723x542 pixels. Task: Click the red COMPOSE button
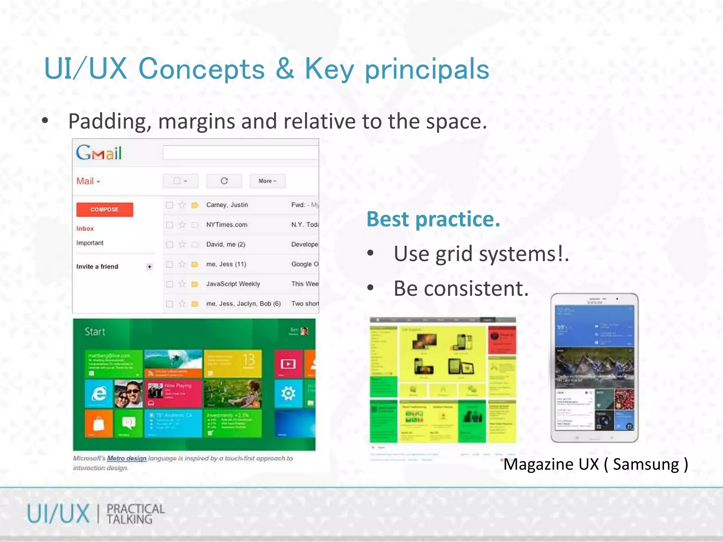104,209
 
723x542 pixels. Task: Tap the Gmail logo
99,153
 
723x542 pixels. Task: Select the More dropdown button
267,181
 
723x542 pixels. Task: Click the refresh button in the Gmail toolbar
224,181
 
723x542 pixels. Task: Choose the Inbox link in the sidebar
85,229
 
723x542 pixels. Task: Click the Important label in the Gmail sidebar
90,243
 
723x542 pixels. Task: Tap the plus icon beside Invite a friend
150,267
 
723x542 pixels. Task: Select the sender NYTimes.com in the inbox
227,225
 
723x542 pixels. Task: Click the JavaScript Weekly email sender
233,284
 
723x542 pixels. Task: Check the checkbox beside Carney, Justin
170,205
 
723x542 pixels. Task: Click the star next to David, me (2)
182,244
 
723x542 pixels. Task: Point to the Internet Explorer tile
99,393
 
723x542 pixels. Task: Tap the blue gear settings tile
288,393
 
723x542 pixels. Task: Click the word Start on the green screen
95,332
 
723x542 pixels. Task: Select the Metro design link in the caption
126,458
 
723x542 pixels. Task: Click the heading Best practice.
434,219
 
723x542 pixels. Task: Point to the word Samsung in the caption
646,464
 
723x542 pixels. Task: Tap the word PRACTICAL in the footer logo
136,508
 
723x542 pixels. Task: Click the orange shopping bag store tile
99,423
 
